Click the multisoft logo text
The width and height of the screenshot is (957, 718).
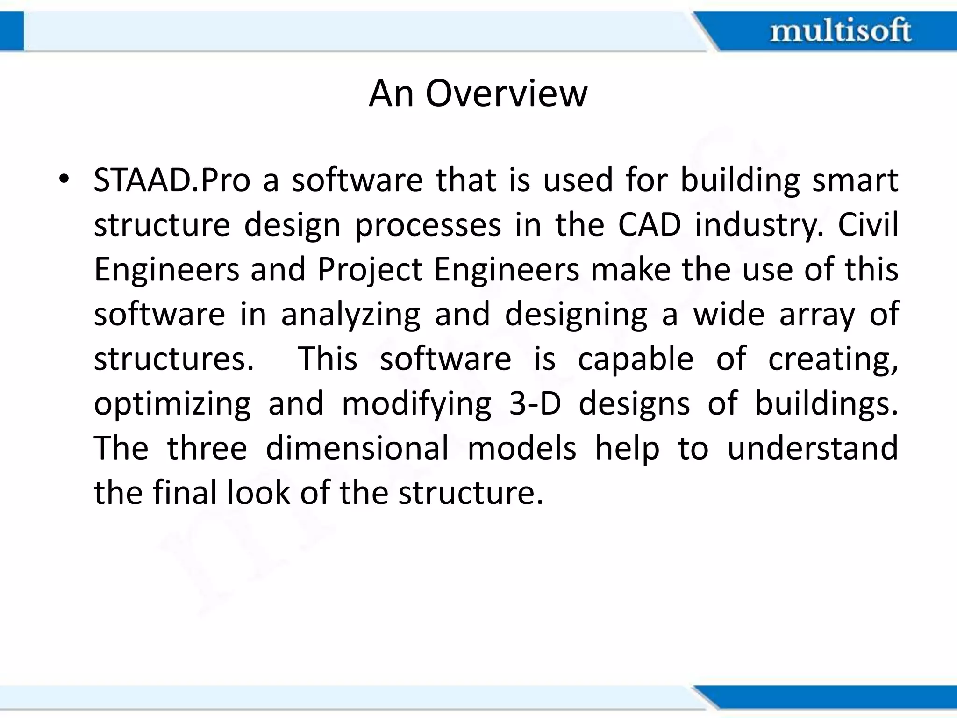[840, 31]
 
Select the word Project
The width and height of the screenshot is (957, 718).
[370, 270]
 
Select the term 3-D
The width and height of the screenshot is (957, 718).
[535, 403]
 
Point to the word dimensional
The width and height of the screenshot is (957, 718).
[357, 448]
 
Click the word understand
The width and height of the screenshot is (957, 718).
[812, 448]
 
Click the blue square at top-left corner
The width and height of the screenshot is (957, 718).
[11, 31]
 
